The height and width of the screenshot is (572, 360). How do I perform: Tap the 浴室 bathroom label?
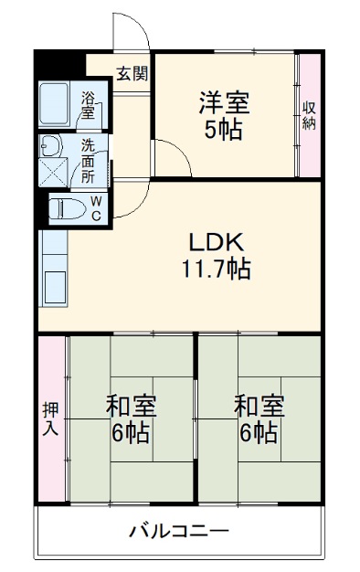89,106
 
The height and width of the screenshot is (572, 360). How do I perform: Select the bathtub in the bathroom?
58,106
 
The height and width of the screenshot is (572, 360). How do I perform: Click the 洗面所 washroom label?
89,157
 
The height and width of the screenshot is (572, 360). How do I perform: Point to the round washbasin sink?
49,145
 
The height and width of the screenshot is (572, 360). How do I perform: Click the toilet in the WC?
66,207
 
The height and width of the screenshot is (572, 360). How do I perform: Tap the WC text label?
95,208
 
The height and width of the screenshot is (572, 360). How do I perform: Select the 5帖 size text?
224,129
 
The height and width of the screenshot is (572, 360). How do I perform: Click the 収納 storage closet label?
309,115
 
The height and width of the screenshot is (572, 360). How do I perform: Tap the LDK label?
215,243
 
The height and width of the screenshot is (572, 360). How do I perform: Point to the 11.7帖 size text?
217,270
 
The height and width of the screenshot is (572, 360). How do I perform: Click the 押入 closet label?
50,418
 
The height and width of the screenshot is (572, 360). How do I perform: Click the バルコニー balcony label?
179,531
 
